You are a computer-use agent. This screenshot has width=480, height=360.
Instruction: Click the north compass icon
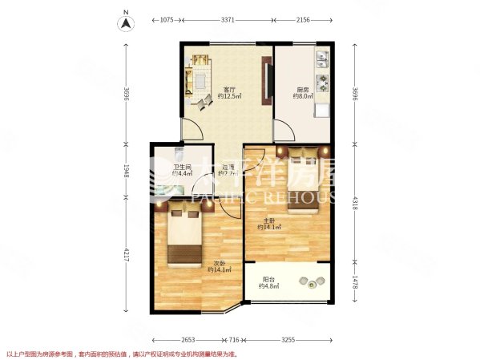click(x=126, y=22)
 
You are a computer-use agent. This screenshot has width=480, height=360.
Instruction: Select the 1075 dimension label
click(x=167, y=19)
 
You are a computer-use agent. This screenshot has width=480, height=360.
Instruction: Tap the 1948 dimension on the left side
click(x=125, y=171)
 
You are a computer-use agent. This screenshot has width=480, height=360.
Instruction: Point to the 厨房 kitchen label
click(x=301, y=89)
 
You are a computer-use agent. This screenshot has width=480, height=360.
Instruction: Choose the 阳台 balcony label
click(x=267, y=281)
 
